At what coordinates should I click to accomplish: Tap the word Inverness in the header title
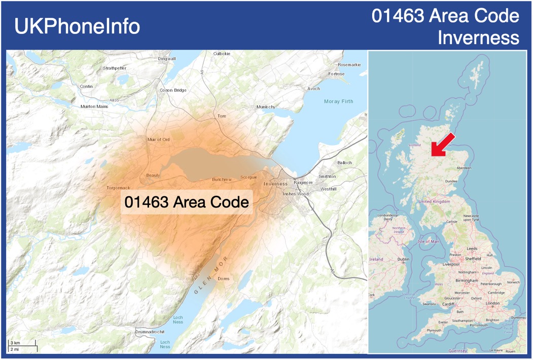point(479,38)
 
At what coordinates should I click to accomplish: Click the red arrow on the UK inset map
point(443,145)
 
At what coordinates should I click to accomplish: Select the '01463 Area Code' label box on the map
point(187,202)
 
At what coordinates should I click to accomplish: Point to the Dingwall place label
point(167,59)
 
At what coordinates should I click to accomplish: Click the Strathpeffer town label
point(115,68)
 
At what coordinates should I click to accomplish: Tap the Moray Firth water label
point(338,101)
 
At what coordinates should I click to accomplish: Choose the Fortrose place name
point(336,74)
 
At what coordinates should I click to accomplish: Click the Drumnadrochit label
point(150,332)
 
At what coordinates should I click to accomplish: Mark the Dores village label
point(223,279)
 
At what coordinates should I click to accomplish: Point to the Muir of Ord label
point(158,139)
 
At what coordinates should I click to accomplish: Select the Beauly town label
point(153,175)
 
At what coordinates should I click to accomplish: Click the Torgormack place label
point(118,188)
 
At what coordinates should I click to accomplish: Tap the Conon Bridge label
point(173,90)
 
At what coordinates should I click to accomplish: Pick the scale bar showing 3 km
point(22,346)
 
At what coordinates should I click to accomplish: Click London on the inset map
point(492,303)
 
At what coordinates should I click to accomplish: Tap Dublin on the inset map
point(403,259)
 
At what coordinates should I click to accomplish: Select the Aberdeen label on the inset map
point(464,168)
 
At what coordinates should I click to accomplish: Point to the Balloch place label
point(344,163)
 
